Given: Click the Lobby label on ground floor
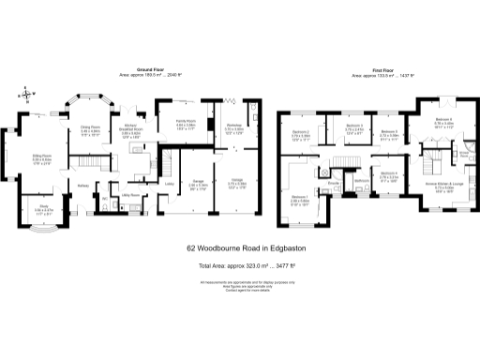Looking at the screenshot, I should point(169,184).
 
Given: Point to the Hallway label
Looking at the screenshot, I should point(82,185).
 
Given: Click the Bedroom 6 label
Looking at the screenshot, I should point(443,120).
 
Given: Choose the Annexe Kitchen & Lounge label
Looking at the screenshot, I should point(444,184).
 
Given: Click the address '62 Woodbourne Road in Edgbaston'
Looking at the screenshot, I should point(240,249).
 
